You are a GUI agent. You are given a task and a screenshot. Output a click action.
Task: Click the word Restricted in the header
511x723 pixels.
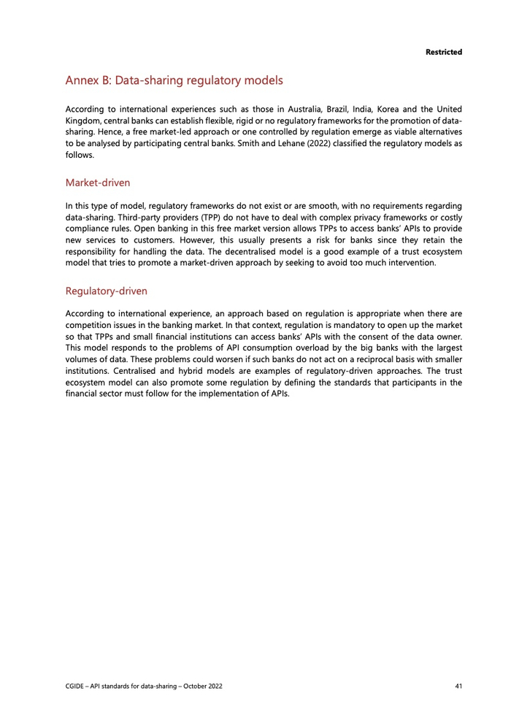click(x=444, y=52)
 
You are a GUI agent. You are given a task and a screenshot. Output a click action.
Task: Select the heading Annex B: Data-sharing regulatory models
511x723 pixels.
click(x=174, y=80)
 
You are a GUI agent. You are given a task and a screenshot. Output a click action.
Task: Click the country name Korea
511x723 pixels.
click(x=391, y=110)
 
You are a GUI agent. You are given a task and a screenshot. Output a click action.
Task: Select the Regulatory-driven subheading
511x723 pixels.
click(x=107, y=291)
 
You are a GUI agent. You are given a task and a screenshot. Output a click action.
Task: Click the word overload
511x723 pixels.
click(x=292, y=347)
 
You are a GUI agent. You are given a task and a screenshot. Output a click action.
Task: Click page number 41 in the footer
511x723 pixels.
click(x=457, y=686)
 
